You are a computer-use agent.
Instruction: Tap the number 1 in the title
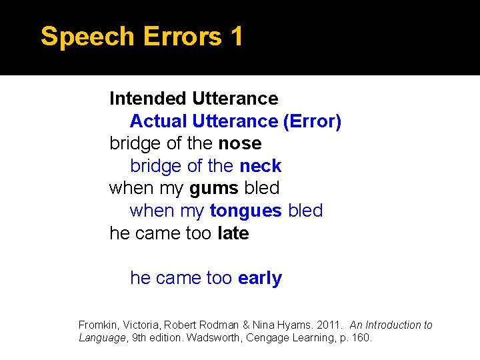(x=235, y=37)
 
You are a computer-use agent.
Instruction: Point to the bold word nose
(x=240, y=143)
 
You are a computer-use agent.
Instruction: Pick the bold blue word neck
(x=261, y=166)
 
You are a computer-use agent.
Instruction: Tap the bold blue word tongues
(x=246, y=211)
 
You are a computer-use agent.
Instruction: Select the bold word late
(x=233, y=233)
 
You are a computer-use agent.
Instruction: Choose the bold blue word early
(x=260, y=278)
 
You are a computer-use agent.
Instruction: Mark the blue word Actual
(x=159, y=121)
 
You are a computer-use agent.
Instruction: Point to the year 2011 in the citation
(x=331, y=325)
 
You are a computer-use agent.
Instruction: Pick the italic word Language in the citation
(x=102, y=338)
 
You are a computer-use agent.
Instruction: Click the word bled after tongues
(x=305, y=211)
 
